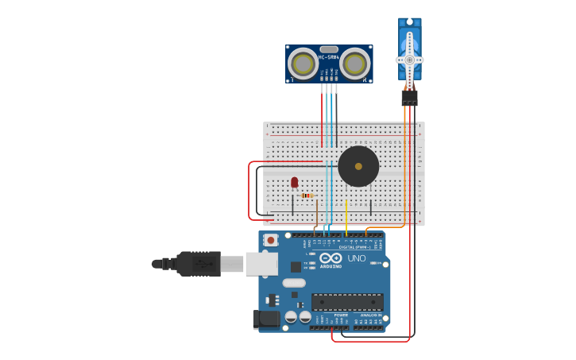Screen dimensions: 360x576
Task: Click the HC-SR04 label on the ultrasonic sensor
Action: (x=329, y=57)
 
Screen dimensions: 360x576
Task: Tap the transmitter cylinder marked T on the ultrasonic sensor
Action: (x=303, y=62)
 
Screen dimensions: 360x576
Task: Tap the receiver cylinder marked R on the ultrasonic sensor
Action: (x=354, y=62)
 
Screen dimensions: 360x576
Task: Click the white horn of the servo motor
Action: (x=410, y=60)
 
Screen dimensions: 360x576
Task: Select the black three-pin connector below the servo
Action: (x=409, y=97)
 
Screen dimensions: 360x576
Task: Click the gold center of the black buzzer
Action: (x=358, y=167)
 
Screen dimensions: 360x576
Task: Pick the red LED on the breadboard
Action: (x=294, y=183)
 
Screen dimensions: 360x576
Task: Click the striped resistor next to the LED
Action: (x=307, y=195)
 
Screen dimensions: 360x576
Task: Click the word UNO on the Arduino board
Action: (x=357, y=258)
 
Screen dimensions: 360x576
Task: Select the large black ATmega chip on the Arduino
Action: (x=347, y=302)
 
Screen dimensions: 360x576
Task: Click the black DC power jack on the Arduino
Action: (x=265, y=319)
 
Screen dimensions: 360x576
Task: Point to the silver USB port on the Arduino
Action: (x=261, y=264)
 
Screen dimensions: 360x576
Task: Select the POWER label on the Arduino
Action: (x=340, y=315)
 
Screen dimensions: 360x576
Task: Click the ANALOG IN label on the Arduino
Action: (x=370, y=315)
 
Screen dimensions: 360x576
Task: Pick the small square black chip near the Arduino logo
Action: (x=296, y=267)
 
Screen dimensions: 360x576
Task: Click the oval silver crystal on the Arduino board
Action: (x=293, y=283)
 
